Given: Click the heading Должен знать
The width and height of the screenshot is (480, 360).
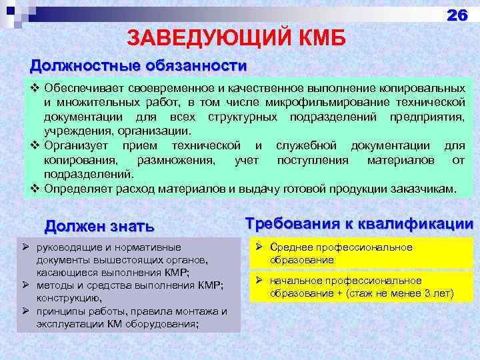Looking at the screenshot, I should pos(99,227).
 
